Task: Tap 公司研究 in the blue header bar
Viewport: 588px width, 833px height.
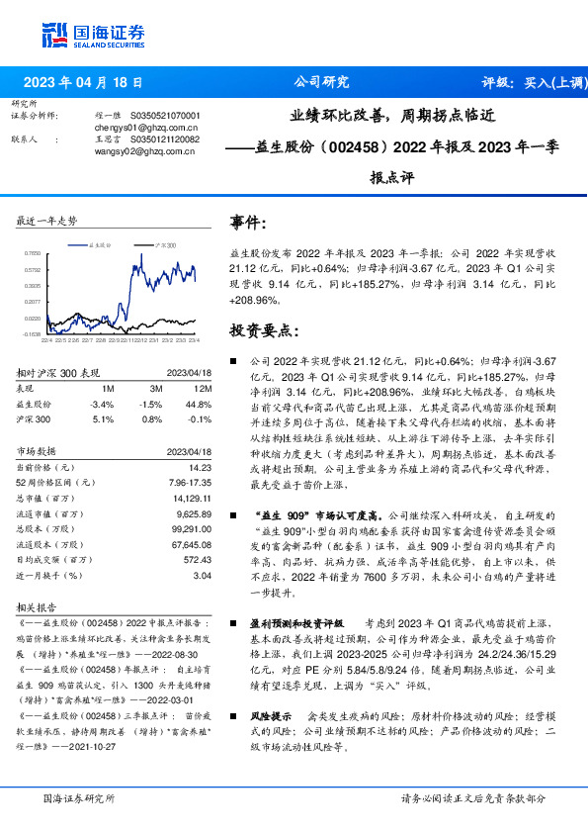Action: pos(322,83)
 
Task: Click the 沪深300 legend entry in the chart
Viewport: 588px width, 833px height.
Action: pos(167,243)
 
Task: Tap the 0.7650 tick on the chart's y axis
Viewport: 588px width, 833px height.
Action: pos(32,253)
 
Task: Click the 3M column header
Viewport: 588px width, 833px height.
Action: pos(151,390)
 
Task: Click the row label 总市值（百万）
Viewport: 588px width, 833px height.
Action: pos(45,498)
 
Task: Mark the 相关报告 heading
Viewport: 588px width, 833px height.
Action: pos(38,606)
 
